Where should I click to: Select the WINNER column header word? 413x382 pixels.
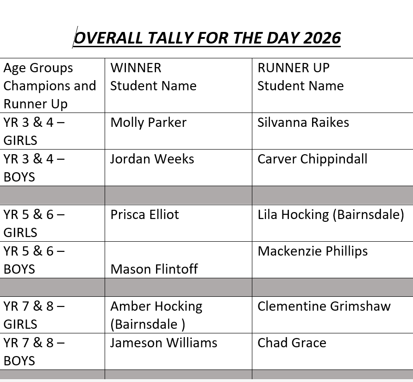136,68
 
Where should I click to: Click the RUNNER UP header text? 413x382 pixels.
294,68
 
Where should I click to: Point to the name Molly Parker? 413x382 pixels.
148,123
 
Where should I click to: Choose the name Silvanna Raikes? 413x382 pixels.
303,123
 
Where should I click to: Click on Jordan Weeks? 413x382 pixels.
152,159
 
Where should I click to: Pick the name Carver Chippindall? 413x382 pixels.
313,159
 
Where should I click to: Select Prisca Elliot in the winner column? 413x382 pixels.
144,214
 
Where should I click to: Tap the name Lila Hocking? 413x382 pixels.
293,215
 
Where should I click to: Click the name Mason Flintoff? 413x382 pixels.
154,269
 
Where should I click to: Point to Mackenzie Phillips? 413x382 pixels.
313,251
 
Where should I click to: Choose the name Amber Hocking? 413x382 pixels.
156,307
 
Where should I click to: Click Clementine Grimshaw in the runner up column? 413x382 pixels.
324,307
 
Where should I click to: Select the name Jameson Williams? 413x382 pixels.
163,343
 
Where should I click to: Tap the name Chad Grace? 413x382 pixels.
292,343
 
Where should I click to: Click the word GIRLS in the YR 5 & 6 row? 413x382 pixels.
20,232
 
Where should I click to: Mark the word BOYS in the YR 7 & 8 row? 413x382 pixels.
19,361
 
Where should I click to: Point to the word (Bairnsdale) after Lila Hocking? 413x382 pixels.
369,215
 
